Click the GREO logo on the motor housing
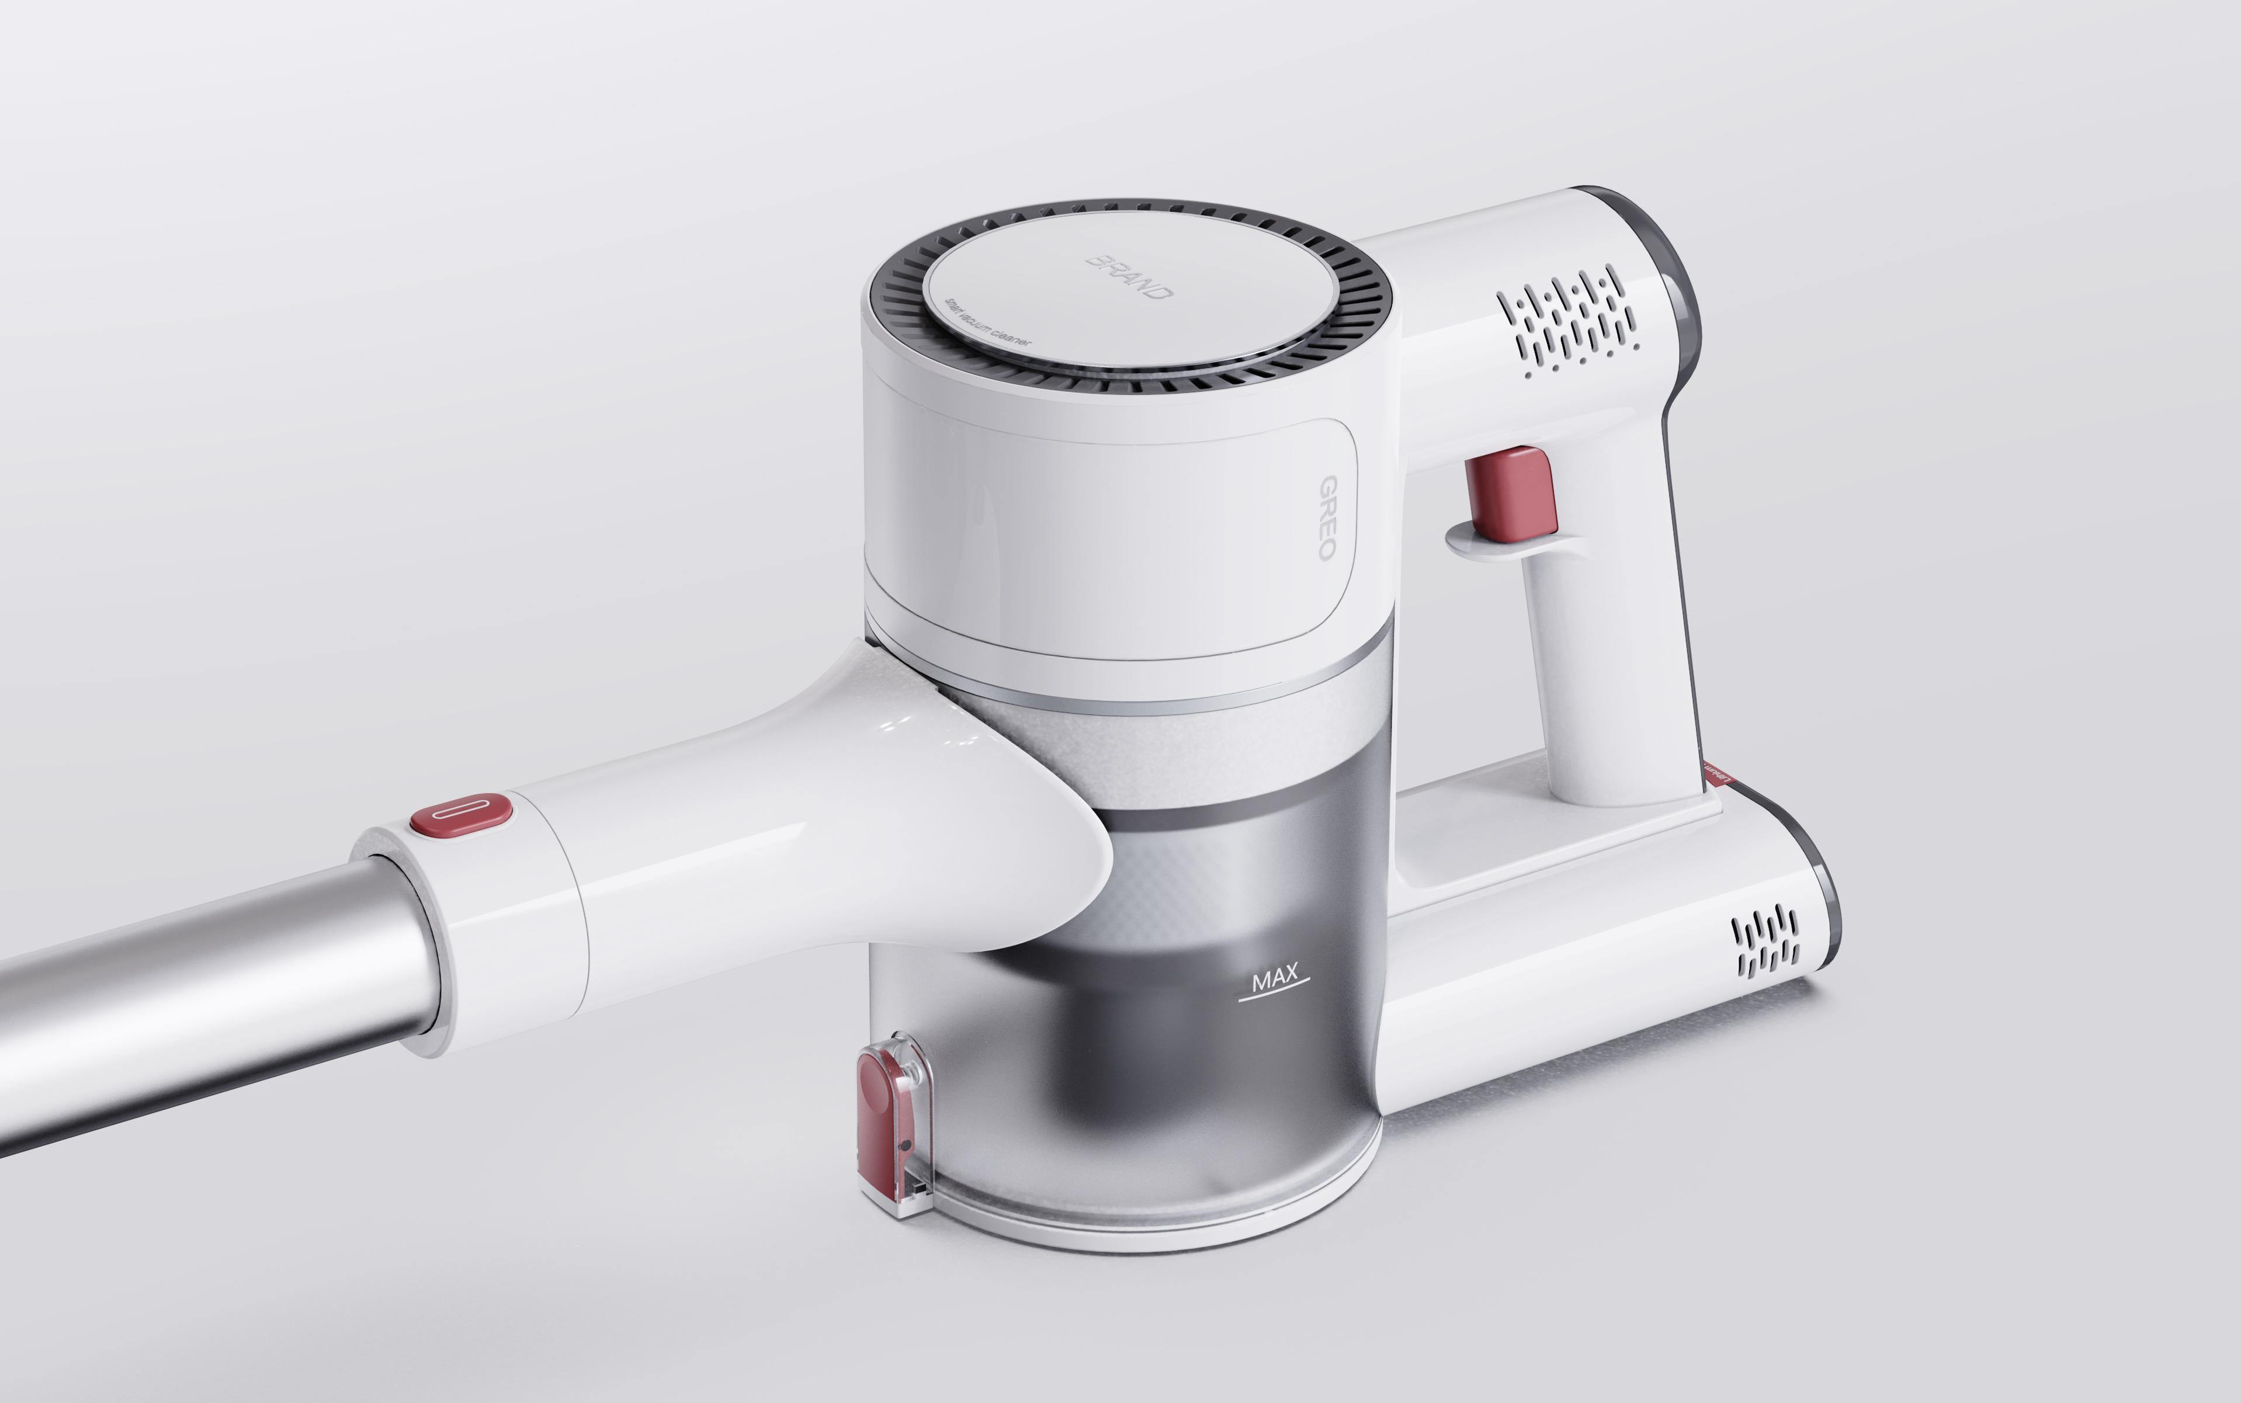pyautogui.click(x=1328, y=517)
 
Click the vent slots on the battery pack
pyautogui.click(x=1766, y=942)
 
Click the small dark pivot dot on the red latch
pyautogui.click(x=905, y=1146)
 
